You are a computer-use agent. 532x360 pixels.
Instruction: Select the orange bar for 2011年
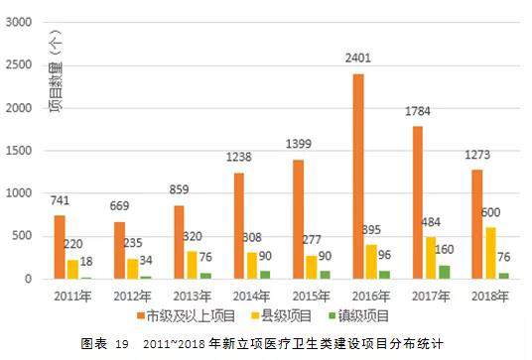tap(61, 247)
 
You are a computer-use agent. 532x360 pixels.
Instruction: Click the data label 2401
tap(358, 60)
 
